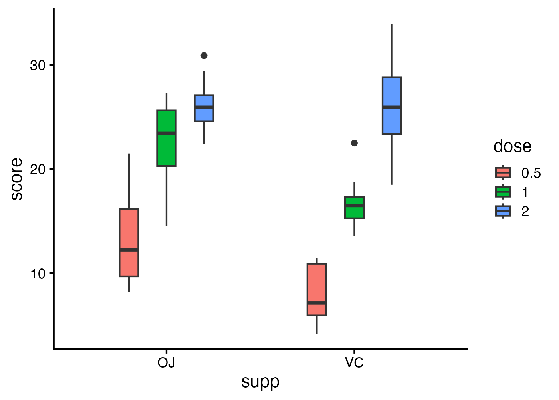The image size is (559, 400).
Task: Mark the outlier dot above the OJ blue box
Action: pyautogui.click(x=204, y=56)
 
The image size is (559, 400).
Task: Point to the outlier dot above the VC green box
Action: pyautogui.click(x=354, y=143)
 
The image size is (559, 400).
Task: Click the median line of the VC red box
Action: pyautogui.click(x=317, y=303)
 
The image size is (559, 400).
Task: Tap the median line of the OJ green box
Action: pyautogui.click(x=167, y=133)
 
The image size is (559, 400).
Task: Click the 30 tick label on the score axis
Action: pyautogui.click(x=37, y=65)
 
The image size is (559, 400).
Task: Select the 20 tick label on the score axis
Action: pyautogui.click(x=37, y=169)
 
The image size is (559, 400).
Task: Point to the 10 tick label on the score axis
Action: pyautogui.click(x=37, y=274)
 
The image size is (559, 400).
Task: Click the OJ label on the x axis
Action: pyautogui.click(x=167, y=363)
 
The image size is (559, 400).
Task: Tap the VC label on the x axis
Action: pyautogui.click(x=354, y=363)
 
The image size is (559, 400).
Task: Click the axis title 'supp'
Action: pyautogui.click(x=260, y=382)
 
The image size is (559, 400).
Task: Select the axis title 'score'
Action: pyautogui.click(x=17, y=179)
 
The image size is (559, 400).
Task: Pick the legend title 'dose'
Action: pyautogui.click(x=512, y=146)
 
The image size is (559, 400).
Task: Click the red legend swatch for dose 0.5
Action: pyautogui.click(x=503, y=173)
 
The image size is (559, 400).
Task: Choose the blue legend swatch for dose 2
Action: pyautogui.click(x=503, y=211)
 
